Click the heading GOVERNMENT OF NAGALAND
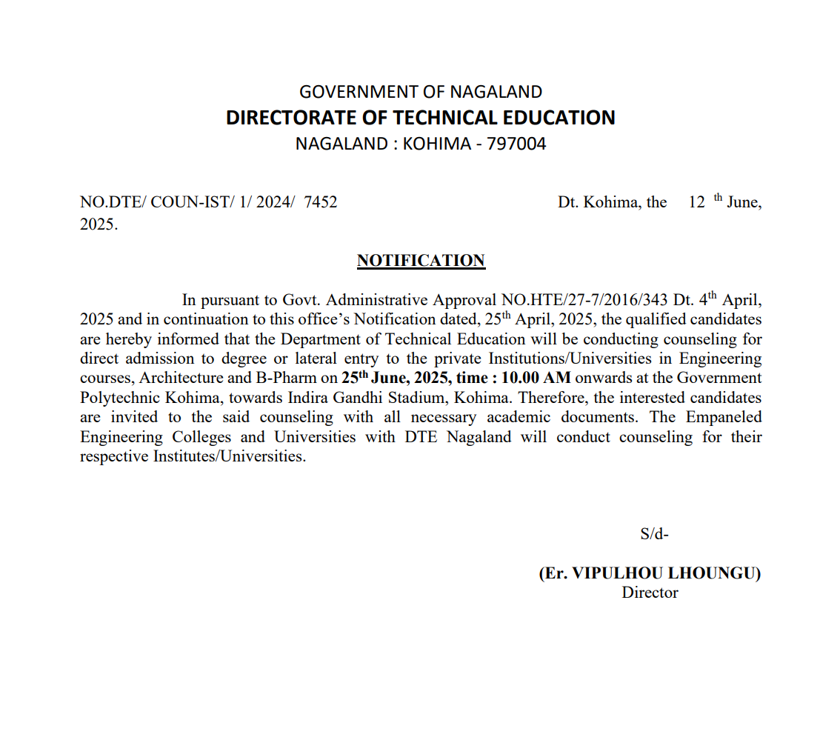click(x=420, y=92)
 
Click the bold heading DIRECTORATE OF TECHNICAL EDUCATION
click(x=420, y=118)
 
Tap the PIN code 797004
click(x=516, y=144)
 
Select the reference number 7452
click(x=321, y=202)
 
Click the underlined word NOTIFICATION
click(x=421, y=261)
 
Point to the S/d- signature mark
click(x=654, y=534)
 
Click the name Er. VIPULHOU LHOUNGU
click(x=650, y=573)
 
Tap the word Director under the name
click(x=650, y=593)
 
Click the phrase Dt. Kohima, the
click(x=612, y=202)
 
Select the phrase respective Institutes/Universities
click(x=193, y=456)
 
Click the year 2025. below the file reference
click(x=99, y=224)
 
